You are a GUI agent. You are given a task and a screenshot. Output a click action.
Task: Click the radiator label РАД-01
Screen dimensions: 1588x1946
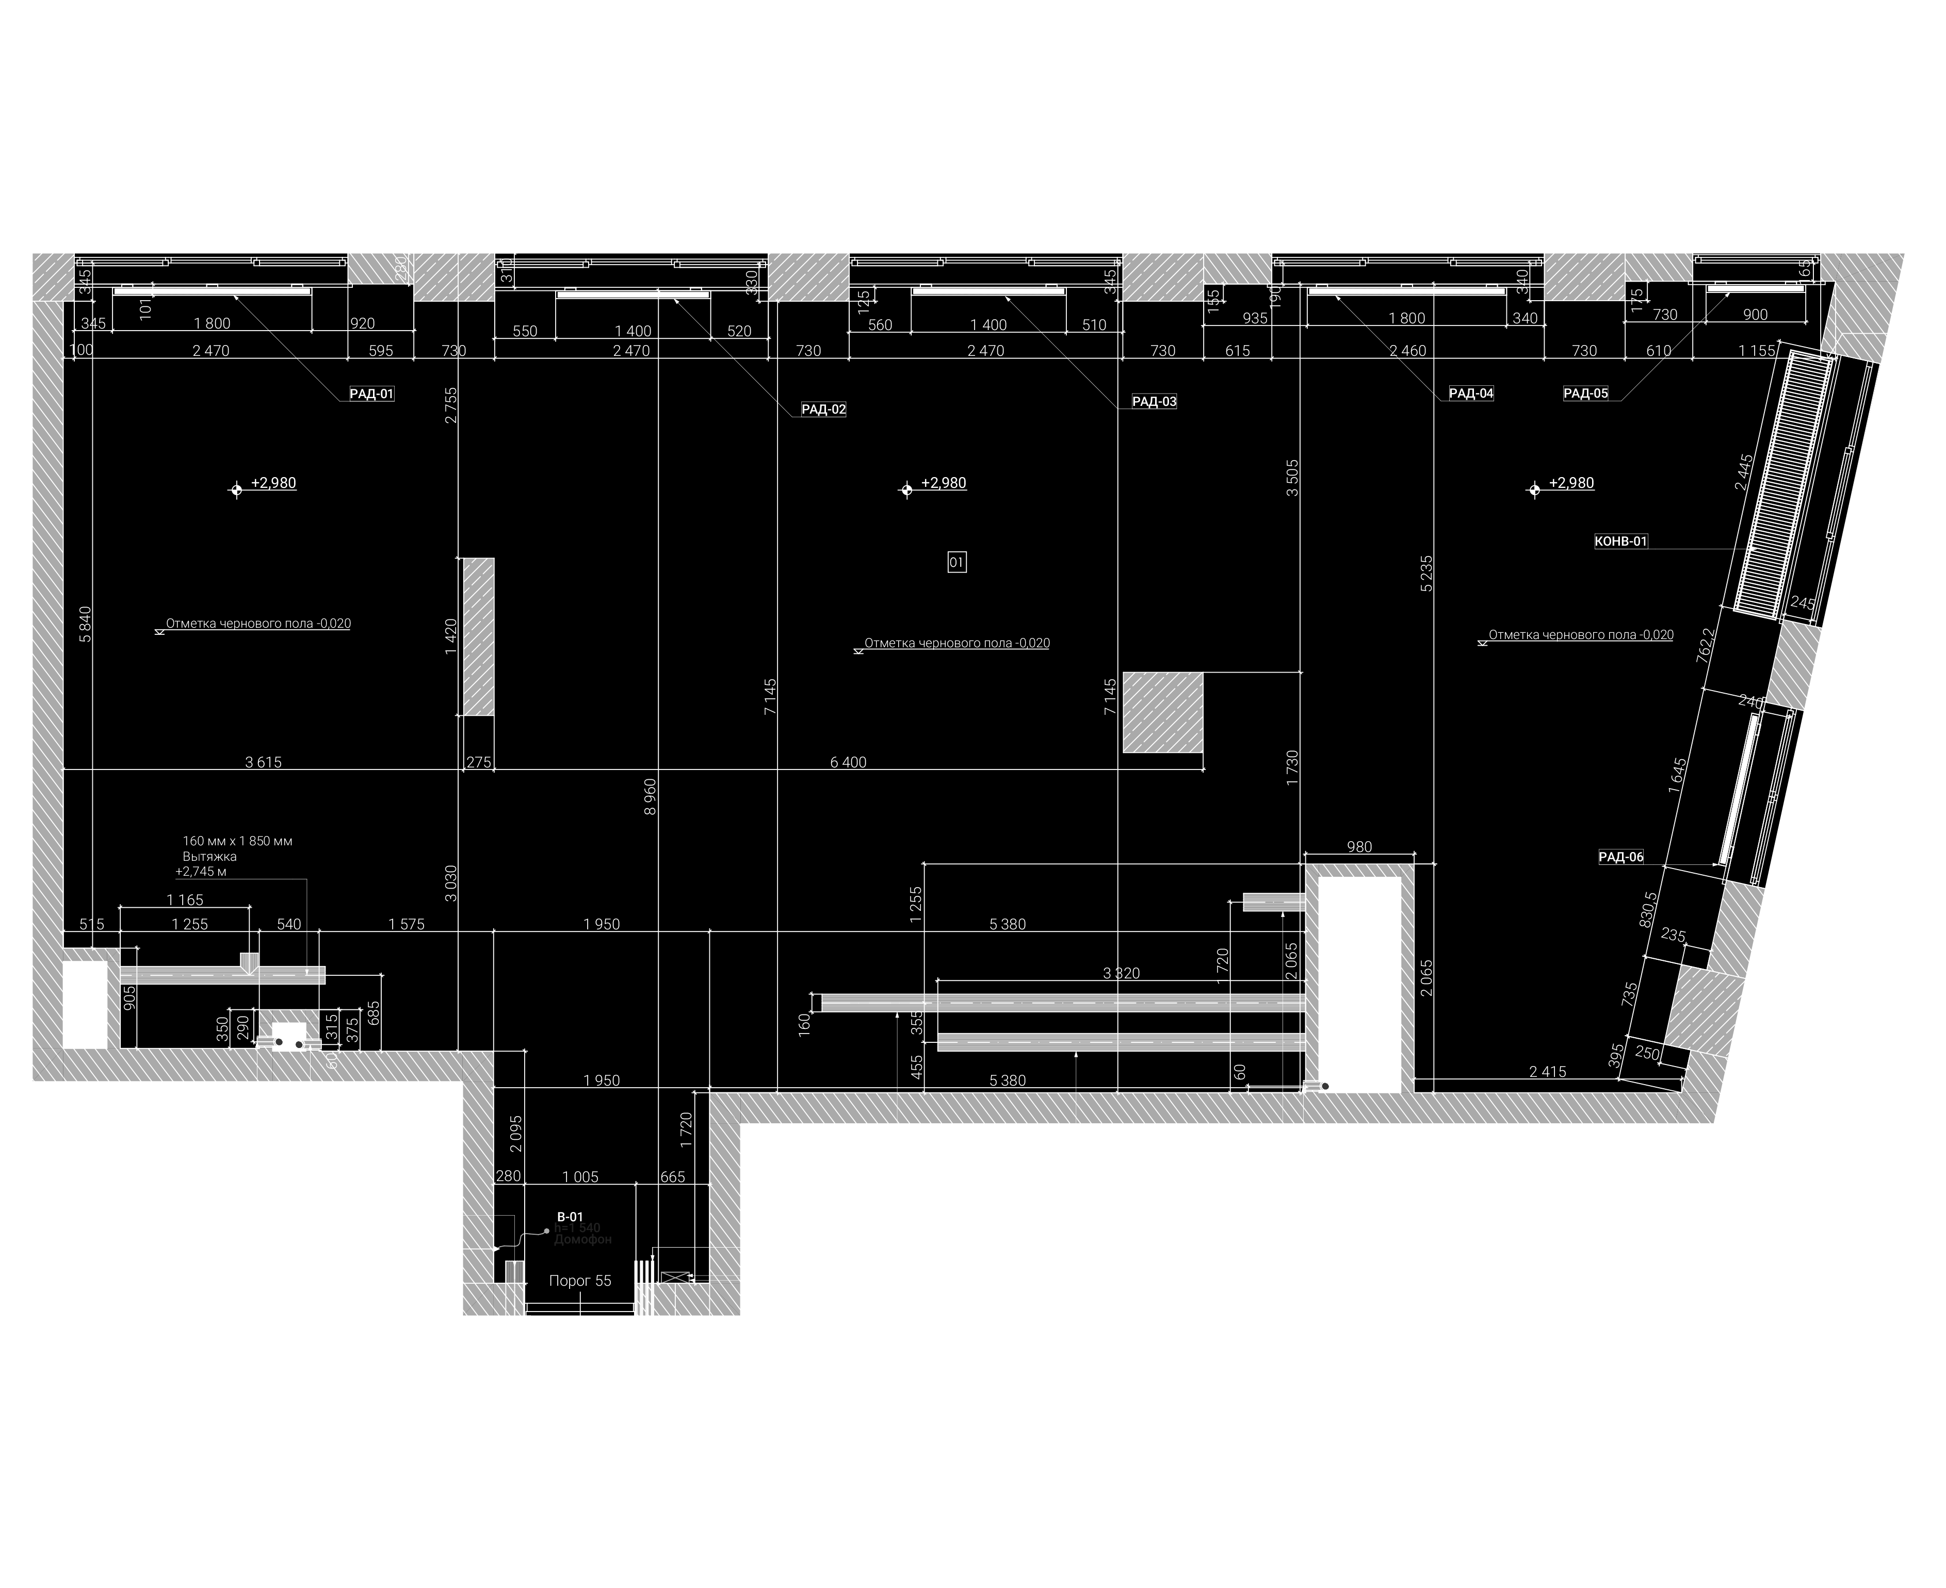[x=371, y=394]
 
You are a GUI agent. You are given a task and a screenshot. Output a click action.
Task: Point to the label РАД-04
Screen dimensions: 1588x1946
[x=1471, y=394]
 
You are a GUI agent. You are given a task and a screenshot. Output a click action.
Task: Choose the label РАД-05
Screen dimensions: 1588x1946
[x=1585, y=394]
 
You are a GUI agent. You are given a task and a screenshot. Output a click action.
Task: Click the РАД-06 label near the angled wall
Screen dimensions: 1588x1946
[x=1621, y=857]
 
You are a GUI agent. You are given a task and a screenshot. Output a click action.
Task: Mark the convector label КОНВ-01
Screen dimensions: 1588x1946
[x=1621, y=542]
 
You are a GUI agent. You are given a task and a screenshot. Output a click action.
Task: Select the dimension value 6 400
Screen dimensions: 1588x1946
[x=848, y=762]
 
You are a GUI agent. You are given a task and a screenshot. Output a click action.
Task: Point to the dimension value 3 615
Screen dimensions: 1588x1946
[x=264, y=762]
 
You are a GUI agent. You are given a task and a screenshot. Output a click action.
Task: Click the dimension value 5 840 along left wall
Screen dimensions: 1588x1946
[x=85, y=624]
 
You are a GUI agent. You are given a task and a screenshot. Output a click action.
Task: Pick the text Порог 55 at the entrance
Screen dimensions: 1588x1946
[x=580, y=1281]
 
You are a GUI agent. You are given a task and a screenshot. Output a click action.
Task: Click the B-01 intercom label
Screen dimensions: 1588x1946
[x=570, y=1217]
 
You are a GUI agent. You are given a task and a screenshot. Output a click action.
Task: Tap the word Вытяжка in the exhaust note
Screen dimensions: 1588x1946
[x=209, y=856]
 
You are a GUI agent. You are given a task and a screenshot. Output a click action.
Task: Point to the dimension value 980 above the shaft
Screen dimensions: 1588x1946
[x=1359, y=847]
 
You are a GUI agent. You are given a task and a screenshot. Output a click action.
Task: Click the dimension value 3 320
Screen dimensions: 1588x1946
[x=1122, y=973]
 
